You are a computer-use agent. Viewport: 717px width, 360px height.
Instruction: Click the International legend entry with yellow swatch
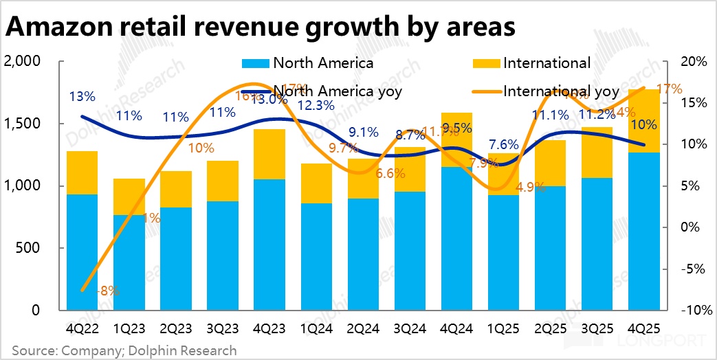pyautogui.click(x=532, y=63)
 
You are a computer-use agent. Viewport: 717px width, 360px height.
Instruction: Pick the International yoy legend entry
pyautogui.click(x=547, y=91)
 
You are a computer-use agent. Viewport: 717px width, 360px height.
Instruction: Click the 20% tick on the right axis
pyautogui.click(x=692, y=62)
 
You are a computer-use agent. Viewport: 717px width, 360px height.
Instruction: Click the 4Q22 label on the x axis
pyautogui.click(x=81, y=328)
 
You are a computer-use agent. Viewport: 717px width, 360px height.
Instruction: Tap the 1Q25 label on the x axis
pyautogui.click(x=504, y=328)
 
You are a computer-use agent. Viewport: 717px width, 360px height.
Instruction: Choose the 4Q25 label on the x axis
pyautogui.click(x=644, y=328)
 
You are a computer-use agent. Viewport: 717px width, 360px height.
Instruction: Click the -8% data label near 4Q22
pyautogui.click(x=109, y=291)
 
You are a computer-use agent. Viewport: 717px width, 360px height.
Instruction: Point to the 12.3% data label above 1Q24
pyautogui.click(x=316, y=105)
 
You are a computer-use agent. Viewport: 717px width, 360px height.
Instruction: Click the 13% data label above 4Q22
pyautogui.click(x=82, y=96)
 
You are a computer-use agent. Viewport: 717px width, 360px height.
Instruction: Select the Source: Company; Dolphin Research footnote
pyautogui.click(x=124, y=350)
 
